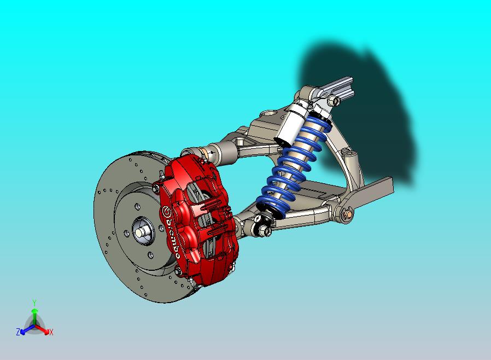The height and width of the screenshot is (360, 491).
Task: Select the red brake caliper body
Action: click(194, 219)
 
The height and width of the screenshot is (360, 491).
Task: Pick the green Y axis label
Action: click(34, 303)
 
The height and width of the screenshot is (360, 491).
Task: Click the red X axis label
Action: click(51, 332)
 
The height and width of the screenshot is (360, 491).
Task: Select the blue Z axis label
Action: click(17, 332)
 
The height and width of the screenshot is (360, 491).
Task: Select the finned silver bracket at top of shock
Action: click(336, 87)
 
